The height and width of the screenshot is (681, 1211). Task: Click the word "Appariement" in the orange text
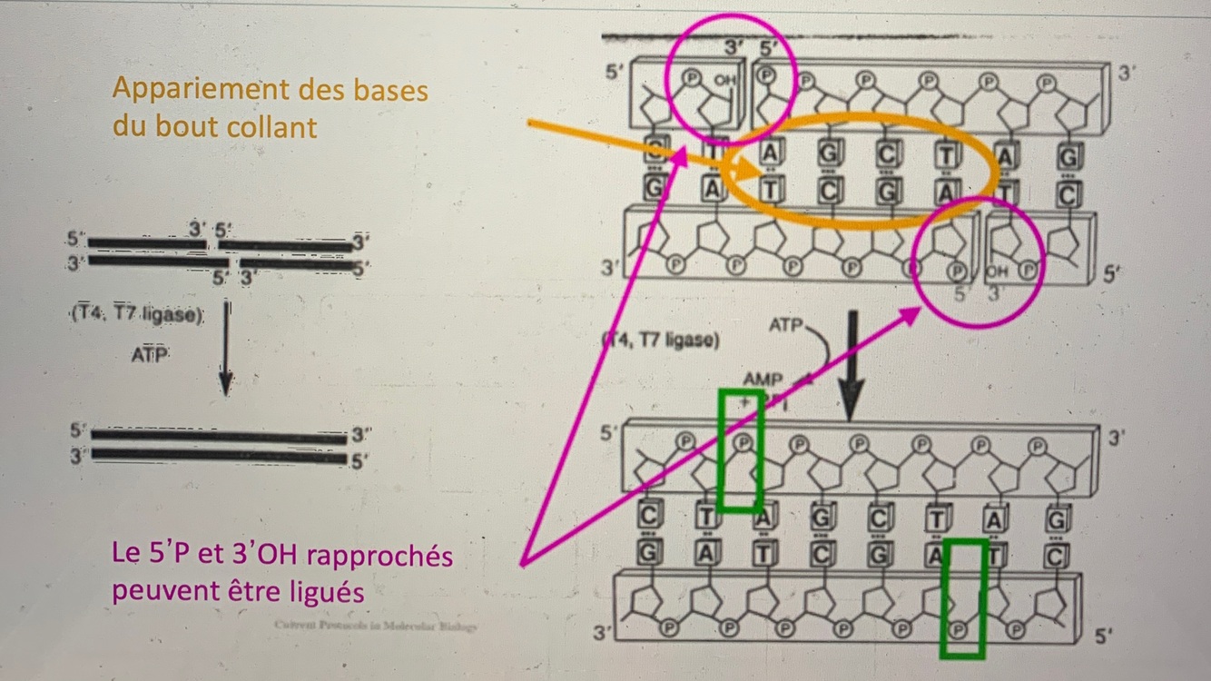pyautogui.click(x=193, y=90)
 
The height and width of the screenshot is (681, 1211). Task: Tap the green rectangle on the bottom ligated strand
pyautogui.click(x=961, y=597)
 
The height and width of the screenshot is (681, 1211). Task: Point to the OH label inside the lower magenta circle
pyautogui.click(x=997, y=271)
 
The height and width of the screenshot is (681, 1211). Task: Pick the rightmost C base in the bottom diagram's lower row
pyautogui.click(x=1053, y=554)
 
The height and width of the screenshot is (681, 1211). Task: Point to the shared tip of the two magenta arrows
pyautogui.click(x=523, y=564)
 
